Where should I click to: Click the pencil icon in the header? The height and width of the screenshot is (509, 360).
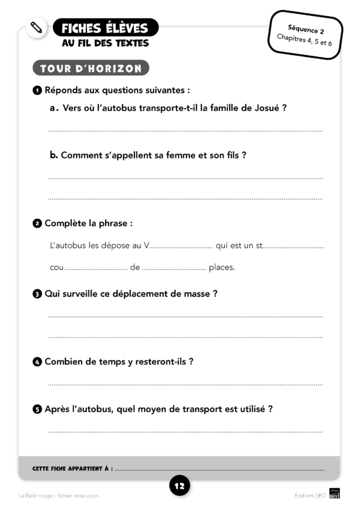pyautogui.click(x=37, y=28)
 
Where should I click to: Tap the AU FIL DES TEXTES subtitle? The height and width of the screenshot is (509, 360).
pyautogui.click(x=105, y=43)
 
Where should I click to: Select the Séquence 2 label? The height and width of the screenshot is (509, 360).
pyautogui.click(x=306, y=28)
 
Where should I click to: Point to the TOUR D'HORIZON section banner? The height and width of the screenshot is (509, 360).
pyautogui.click(x=91, y=68)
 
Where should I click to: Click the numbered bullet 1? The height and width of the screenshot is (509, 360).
pyautogui.click(x=37, y=91)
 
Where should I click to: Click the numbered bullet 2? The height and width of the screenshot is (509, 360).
pyautogui.click(x=37, y=224)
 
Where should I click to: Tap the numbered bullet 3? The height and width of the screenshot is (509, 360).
pyautogui.click(x=37, y=294)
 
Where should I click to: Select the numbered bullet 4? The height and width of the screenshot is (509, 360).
pyautogui.click(x=37, y=362)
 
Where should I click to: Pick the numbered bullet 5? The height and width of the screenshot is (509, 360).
pyautogui.click(x=37, y=409)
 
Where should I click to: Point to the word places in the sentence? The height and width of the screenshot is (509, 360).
pyautogui.click(x=221, y=268)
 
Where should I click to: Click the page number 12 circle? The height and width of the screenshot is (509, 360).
pyautogui.click(x=179, y=486)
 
